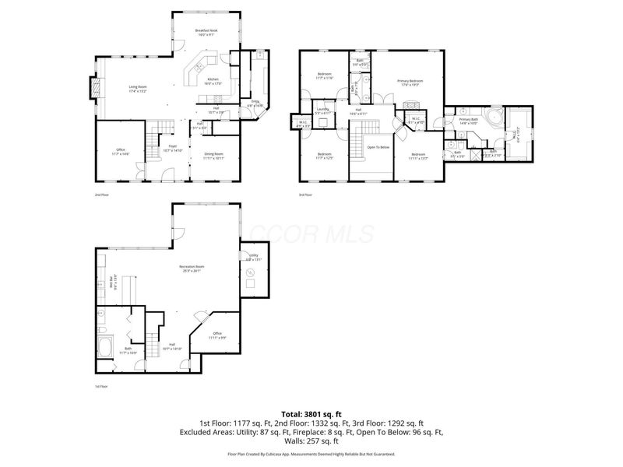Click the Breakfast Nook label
click(x=206, y=32)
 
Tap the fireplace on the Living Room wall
click(x=95, y=89)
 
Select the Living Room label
click(x=137, y=89)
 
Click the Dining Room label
click(x=214, y=155)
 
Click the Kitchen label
click(x=213, y=81)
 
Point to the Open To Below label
click(x=378, y=146)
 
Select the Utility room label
click(x=253, y=257)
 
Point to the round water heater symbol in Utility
click(x=250, y=272)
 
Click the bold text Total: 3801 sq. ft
click(x=311, y=414)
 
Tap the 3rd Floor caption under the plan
click(x=304, y=195)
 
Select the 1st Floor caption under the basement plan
click(x=101, y=387)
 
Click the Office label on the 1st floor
click(x=218, y=335)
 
